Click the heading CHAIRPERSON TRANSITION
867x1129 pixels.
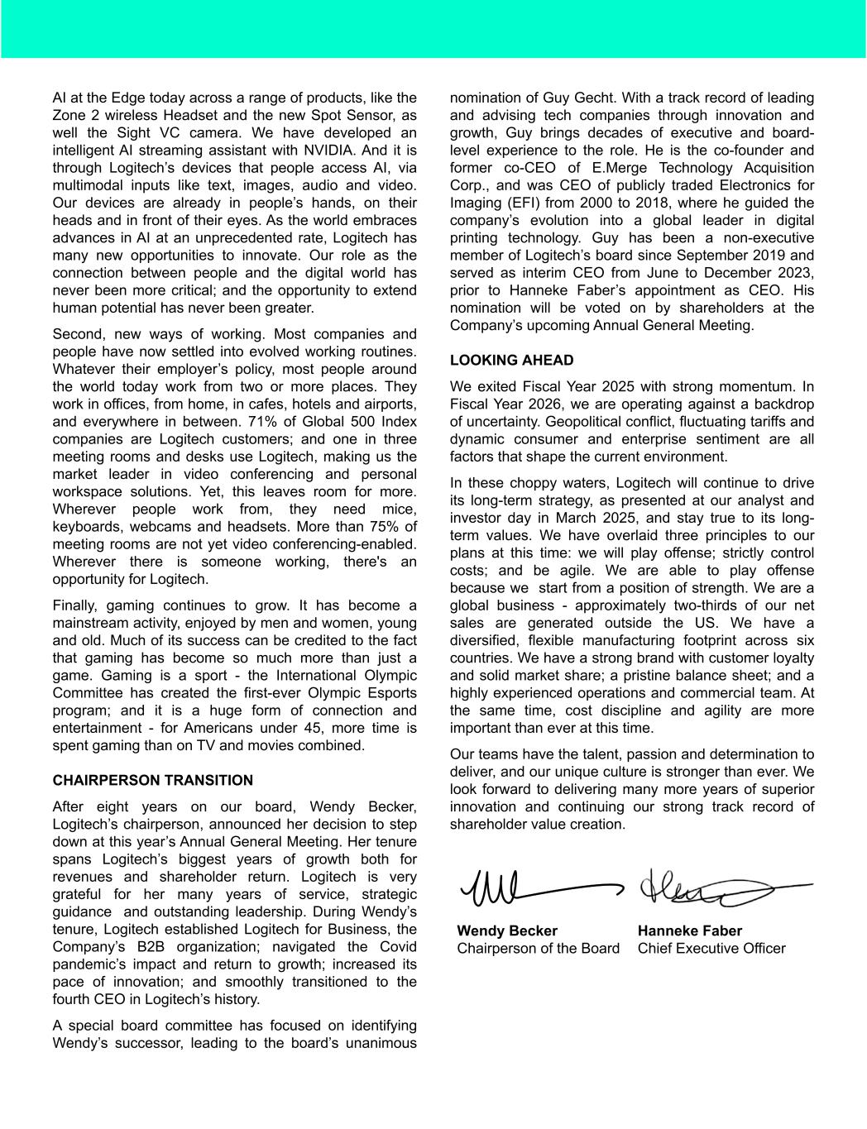pyautogui.click(x=153, y=780)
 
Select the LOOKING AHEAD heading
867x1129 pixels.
pyautogui.click(x=511, y=360)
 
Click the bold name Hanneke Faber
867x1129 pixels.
pyautogui.click(x=690, y=930)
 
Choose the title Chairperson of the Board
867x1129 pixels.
pyautogui.click(x=538, y=948)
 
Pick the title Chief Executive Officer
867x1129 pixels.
pyautogui.click(x=711, y=948)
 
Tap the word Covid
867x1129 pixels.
pyautogui.click(x=398, y=947)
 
